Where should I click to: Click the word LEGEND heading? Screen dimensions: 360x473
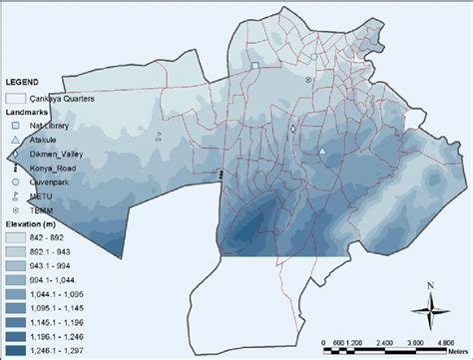pos(24,79)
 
